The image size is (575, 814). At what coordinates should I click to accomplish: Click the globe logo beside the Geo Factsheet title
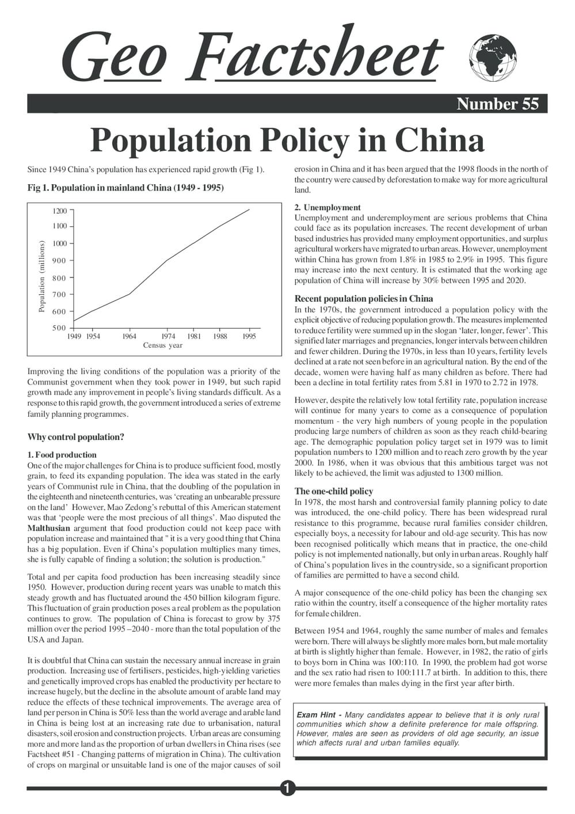click(493, 58)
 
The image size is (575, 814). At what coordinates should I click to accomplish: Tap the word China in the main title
click(439, 140)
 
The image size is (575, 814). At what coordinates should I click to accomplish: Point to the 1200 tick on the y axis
click(60, 211)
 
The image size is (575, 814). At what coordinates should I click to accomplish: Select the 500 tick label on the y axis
click(60, 328)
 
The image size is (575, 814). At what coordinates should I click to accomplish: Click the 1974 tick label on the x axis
click(168, 336)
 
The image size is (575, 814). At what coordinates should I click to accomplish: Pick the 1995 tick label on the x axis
click(249, 336)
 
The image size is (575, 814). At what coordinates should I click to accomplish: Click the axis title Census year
click(163, 345)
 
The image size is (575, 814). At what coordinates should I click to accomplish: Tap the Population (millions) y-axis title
click(41, 277)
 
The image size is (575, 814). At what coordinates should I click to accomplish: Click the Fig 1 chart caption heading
click(125, 188)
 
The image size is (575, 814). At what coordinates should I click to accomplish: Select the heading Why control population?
click(76, 437)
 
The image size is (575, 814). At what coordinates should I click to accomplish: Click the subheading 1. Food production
click(62, 455)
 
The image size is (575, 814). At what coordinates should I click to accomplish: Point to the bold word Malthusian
click(49, 528)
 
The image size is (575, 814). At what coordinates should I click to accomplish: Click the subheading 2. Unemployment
click(328, 207)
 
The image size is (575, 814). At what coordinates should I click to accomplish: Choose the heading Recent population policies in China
click(364, 299)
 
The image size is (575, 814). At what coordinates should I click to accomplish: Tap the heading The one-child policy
click(334, 491)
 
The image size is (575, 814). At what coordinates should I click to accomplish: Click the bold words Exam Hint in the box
click(316, 714)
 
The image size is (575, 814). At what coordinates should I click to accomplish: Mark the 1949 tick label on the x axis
click(74, 336)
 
